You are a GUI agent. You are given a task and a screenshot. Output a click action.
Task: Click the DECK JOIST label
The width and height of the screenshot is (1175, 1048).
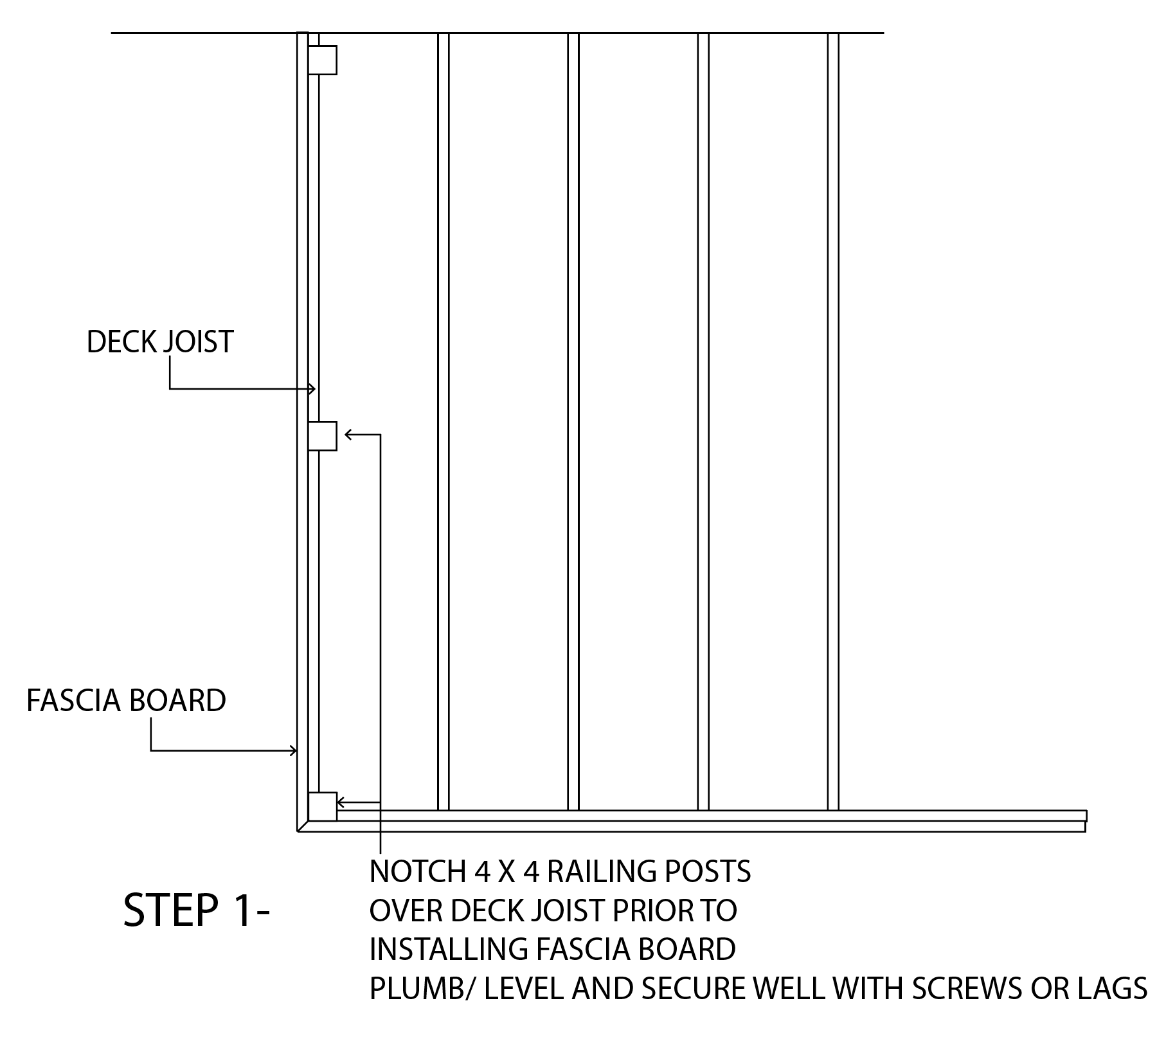pyautogui.click(x=159, y=341)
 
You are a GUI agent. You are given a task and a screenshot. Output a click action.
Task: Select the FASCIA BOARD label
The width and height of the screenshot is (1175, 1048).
pyautogui.click(x=126, y=700)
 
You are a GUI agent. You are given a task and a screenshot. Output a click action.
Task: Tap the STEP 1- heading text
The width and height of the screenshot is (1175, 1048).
pyautogui.click(x=196, y=910)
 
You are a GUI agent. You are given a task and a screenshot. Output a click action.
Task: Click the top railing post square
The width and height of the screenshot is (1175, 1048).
pyautogui.click(x=322, y=60)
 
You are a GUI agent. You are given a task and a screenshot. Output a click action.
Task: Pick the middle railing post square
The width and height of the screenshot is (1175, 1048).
pyautogui.click(x=322, y=436)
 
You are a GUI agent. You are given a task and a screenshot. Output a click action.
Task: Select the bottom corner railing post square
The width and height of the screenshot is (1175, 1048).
pyautogui.click(x=322, y=806)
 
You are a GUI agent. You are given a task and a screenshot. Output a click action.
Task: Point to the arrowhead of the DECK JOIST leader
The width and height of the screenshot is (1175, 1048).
pyautogui.click(x=312, y=388)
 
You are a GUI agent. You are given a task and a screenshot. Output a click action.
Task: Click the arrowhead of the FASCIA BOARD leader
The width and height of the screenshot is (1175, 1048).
pyautogui.click(x=294, y=750)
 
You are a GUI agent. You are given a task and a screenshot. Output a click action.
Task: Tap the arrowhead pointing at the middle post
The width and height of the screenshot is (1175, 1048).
pyautogui.click(x=348, y=435)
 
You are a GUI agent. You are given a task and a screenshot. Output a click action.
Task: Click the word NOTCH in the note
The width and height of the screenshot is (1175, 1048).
pyautogui.click(x=418, y=872)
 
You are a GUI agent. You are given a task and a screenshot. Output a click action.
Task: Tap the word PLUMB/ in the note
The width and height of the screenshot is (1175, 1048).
pyautogui.click(x=423, y=988)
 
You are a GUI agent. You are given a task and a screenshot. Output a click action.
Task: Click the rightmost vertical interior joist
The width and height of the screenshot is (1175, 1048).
pyautogui.click(x=833, y=418)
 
